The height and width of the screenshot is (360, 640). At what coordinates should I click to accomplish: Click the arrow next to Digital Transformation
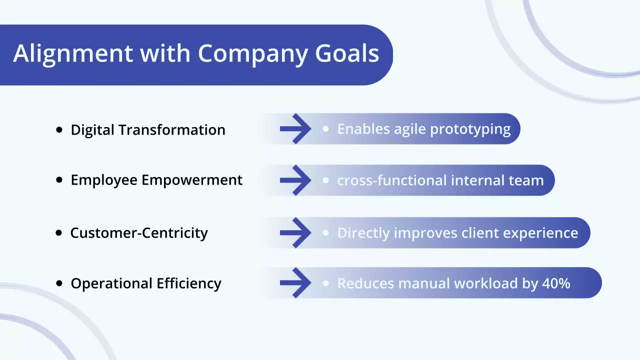[x=296, y=129]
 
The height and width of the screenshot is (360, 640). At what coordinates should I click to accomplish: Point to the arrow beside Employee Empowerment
[x=296, y=180]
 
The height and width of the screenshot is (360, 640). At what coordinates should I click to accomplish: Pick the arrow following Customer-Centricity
[x=296, y=232]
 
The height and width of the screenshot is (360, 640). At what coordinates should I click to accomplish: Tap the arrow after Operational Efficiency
[x=296, y=283]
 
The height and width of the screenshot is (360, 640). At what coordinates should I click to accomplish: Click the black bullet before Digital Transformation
[x=59, y=129]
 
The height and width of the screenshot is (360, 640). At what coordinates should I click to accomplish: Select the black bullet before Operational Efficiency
[x=59, y=283]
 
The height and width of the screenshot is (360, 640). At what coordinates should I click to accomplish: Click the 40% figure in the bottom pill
[x=556, y=283]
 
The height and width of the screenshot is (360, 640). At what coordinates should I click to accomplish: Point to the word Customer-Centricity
[x=139, y=233]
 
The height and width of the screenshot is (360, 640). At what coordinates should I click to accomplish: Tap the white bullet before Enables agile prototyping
[x=326, y=128]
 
